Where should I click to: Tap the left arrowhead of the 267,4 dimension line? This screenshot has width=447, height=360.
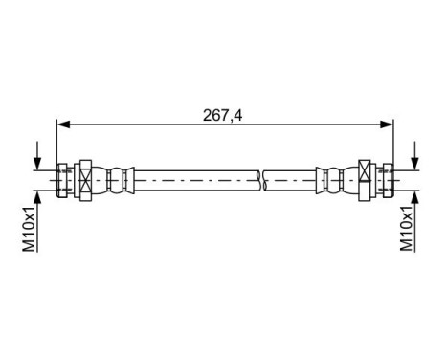tap(63, 123)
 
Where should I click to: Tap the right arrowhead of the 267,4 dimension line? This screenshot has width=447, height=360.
tap(389, 123)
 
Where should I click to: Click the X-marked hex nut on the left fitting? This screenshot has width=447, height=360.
tap(82, 178)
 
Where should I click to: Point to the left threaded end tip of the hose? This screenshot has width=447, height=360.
tap(61, 178)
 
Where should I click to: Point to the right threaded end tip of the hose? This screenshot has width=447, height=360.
tap(390, 178)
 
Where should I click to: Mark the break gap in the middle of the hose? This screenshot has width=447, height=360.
tap(261, 178)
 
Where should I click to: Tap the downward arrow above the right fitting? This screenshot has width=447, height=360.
tap(414, 159)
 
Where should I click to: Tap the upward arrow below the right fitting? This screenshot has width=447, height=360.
tap(414, 197)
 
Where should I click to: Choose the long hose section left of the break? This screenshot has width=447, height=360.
tap(191, 178)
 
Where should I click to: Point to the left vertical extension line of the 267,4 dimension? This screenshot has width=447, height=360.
tap(57, 144)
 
